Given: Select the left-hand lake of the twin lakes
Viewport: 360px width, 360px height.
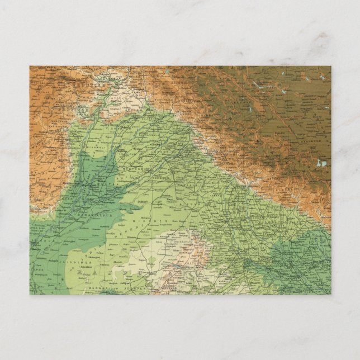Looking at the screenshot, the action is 319,164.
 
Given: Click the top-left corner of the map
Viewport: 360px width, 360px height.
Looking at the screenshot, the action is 30,66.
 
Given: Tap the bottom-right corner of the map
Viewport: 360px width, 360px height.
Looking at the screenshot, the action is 331,294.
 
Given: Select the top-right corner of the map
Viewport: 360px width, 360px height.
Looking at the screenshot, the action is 331,66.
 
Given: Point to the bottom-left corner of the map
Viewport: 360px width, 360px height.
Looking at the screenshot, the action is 30,294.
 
